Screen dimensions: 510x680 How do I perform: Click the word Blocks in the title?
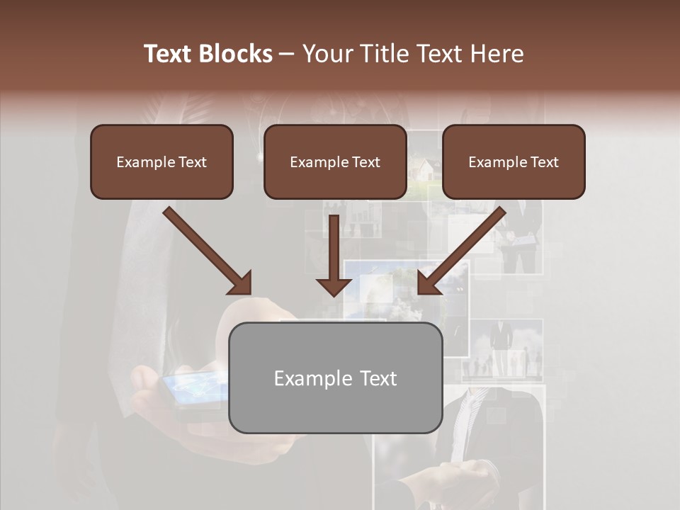click(x=234, y=54)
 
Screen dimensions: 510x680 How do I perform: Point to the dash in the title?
click(x=287, y=55)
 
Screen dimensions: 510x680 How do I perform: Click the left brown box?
click(x=161, y=161)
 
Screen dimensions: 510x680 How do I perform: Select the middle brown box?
click(x=335, y=161)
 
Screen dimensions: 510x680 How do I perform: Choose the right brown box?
click(x=514, y=161)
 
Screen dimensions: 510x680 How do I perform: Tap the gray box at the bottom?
click(x=335, y=378)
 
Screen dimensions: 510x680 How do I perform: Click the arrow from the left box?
click(x=205, y=248)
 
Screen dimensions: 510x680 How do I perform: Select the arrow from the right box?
click(x=464, y=248)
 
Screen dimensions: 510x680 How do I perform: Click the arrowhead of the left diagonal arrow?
click(x=241, y=283)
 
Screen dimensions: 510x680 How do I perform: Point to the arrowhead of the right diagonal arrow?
click(x=428, y=283)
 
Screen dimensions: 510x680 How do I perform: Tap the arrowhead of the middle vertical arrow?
click(x=334, y=286)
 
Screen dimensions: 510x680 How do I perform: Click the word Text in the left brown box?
click(x=192, y=162)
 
